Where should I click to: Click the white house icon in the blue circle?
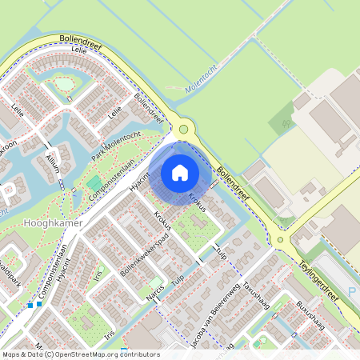tap(180, 172)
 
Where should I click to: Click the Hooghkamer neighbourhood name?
tap(54, 223)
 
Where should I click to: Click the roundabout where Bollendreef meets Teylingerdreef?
tap(281, 239)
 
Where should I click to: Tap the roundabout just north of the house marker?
tap(184, 128)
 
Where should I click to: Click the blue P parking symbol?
tap(353, 293)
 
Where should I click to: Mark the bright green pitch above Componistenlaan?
tap(95, 182)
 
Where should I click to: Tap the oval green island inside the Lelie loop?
tap(63, 83)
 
